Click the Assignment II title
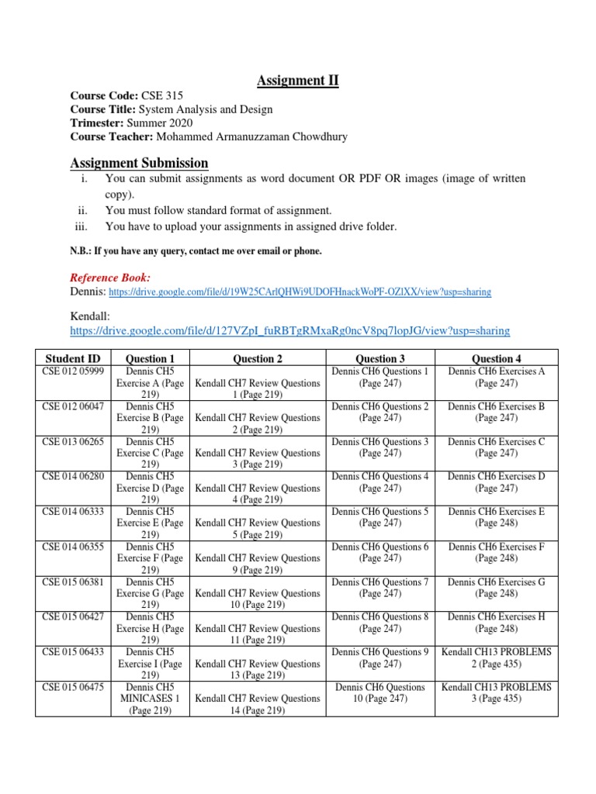(298, 80)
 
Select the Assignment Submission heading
(139, 163)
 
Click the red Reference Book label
(110, 278)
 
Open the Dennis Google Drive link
(300, 292)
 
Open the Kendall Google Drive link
(289, 330)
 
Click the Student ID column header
(73, 358)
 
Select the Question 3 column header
(380, 358)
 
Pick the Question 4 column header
(497, 358)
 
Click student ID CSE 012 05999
(73, 371)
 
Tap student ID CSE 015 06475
(73, 686)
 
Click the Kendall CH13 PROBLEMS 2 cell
(497, 658)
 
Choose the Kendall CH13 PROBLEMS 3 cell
(497, 692)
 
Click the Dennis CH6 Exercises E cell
(497, 517)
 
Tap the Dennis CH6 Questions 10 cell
(380, 692)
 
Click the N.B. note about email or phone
(196, 251)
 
